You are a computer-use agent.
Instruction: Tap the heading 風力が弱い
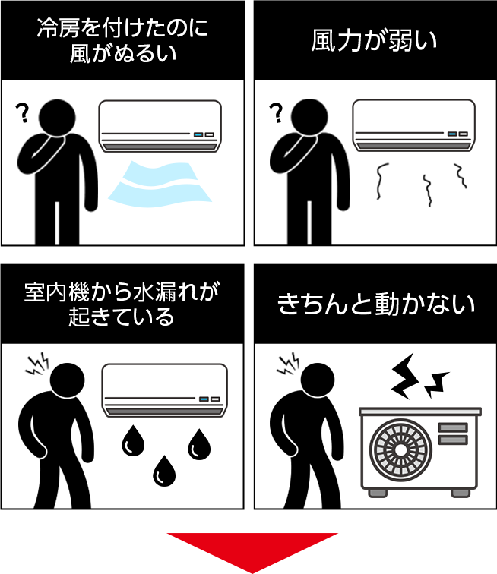(374, 40)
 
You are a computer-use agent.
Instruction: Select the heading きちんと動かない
(375, 304)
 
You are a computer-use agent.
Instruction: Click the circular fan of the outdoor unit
(400, 449)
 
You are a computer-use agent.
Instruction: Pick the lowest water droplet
(164, 471)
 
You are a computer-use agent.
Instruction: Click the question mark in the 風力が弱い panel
(277, 112)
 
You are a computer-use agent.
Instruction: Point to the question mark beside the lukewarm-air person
(23, 112)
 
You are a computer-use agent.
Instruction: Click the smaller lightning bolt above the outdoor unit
(436, 385)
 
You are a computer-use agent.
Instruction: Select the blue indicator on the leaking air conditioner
(204, 399)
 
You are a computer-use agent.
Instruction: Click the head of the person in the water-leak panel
(67, 380)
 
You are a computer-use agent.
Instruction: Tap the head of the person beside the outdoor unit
(318, 380)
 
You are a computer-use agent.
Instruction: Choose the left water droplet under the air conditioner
(133, 441)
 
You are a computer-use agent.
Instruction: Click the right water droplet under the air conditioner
(199, 444)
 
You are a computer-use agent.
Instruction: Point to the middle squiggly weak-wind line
(427, 191)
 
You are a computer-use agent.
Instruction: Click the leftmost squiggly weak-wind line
(381, 181)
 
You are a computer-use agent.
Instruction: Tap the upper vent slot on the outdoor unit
(453, 427)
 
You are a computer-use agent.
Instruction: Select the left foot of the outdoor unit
(378, 493)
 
